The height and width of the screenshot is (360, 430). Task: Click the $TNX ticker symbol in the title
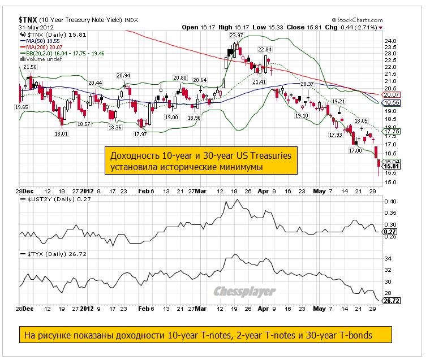click(28, 19)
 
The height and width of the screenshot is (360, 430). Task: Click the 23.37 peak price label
click(236, 35)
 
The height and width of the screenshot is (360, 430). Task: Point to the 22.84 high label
click(265, 50)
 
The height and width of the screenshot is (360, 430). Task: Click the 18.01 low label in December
click(61, 133)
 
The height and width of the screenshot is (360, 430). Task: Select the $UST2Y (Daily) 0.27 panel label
click(52, 199)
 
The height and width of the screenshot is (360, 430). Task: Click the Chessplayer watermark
click(244, 292)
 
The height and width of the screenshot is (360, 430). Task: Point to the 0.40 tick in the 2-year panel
click(390, 202)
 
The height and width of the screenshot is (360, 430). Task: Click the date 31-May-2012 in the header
click(37, 27)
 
